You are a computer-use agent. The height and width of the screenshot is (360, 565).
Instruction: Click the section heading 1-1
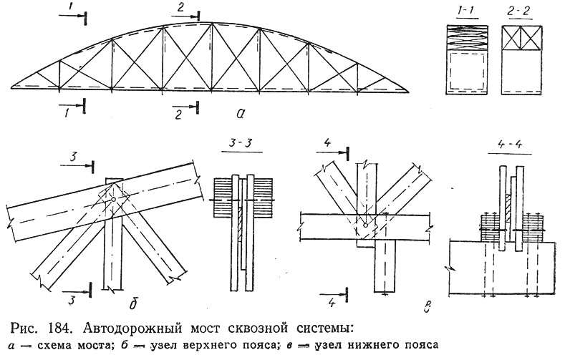467,11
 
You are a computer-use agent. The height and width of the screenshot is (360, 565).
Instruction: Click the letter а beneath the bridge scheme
241,114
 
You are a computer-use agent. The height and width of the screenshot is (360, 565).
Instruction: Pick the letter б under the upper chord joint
132,303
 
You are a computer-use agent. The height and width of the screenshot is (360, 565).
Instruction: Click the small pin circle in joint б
114,199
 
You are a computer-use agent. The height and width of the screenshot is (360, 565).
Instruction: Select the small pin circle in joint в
365,225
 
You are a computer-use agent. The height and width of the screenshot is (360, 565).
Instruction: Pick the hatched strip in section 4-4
508,208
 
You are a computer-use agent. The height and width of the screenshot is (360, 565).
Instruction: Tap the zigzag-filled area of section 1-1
467,38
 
